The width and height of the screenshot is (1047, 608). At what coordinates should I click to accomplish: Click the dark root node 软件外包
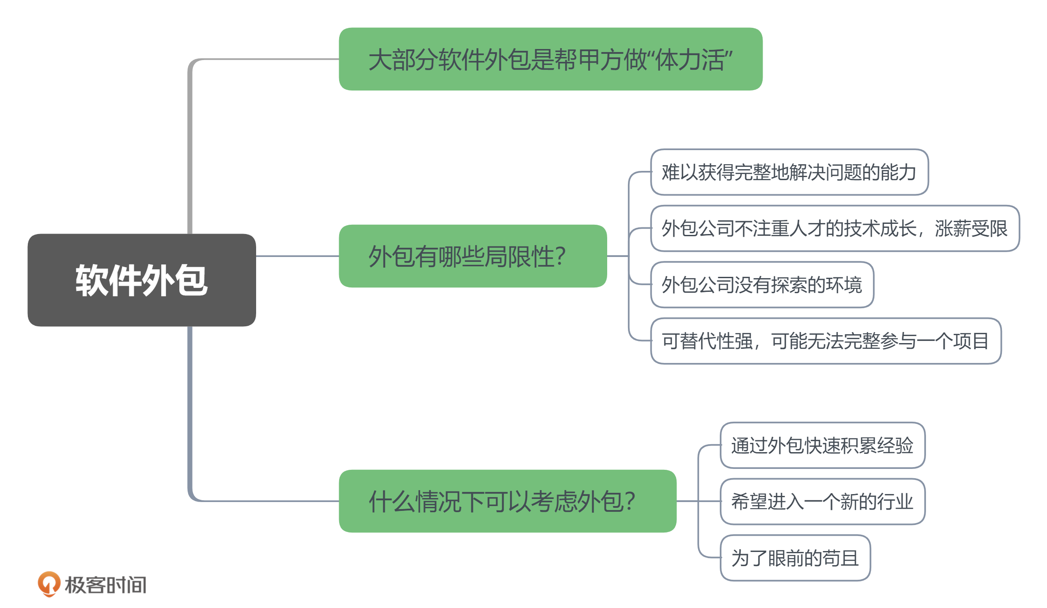pyautogui.click(x=141, y=280)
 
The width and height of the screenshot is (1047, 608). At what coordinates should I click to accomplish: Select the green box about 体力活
pyautogui.click(x=550, y=59)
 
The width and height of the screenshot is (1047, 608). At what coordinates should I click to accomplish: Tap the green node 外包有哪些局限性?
pyautogui.click(x=472, y=256)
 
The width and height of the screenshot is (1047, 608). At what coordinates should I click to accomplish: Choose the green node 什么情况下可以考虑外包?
pyautogui.click(x=507, y=501)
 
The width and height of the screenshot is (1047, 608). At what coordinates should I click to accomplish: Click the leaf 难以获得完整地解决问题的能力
pyautogui.click(x=789, y=172)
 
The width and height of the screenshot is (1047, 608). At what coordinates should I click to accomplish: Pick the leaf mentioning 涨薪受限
pyautogui.click(x=835, y=228)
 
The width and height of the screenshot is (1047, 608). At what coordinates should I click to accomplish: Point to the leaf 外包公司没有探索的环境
pyautogui.click(x=762, y=285)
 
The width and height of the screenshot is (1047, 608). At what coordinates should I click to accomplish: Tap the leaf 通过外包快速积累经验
pyautogui.click(x=822, y=445)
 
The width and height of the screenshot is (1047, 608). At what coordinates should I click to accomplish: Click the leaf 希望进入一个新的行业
pyautogui.click(x=822, y=502)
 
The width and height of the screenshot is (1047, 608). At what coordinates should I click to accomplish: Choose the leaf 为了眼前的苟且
pyautogui.click(x=795, y=558)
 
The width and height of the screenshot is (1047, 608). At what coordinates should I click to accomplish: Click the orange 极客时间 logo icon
pyautogui.click(x=49, y=584)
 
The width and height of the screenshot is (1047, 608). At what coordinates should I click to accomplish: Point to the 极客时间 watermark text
pyautogui.click(x=106, y=585)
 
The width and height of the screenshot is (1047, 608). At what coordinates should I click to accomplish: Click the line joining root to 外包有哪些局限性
pyautogui.click(x=297, y=256)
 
